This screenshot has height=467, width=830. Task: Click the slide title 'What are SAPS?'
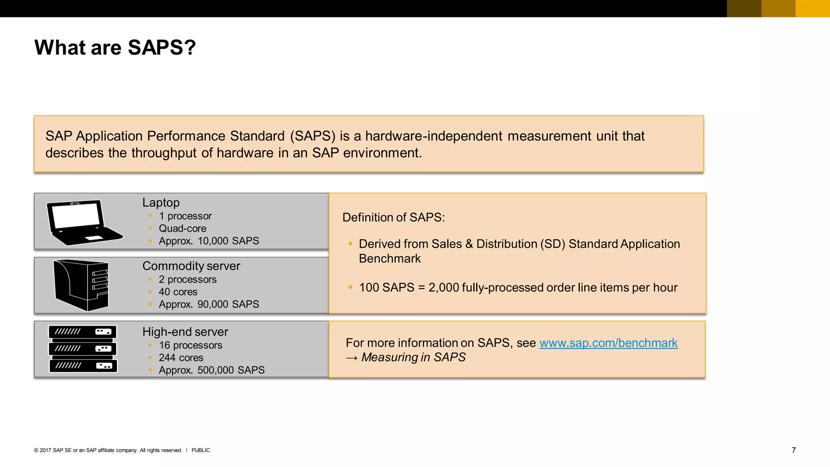click(x=115, y=47)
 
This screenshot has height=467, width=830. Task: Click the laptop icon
click(x=84, y=223)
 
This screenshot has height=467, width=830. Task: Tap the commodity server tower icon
click(x=81, y=285)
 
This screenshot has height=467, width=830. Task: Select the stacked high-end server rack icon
click(x=83, y=349)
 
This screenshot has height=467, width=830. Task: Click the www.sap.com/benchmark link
click(x=608, y=343)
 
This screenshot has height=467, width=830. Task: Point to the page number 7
click(x=794, y=450)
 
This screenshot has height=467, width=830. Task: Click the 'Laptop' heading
click(x=161, y=202)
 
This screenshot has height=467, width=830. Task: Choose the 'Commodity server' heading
click(x=191, y=266)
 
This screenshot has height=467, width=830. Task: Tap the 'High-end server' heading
click(x=185, y=332)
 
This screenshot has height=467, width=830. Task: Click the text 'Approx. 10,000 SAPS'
click(x=209, y=241)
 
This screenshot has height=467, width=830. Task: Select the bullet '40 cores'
click(x=178, y=292)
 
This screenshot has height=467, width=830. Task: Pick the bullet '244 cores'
click(x=181, y=358)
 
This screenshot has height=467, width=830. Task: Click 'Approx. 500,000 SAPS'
click(x=212, y=370)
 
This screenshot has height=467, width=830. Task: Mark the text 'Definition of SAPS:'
click(x=394, y=217)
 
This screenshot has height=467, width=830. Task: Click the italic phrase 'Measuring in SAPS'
click(x=413, y=357)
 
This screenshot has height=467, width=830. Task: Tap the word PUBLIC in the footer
click(x=201, y=450)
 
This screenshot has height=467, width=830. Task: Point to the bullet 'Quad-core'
click(x=182, y=229)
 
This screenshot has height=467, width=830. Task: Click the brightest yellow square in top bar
click(x=813, y=9)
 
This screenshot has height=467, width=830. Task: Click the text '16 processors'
click(x=190, y=345)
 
